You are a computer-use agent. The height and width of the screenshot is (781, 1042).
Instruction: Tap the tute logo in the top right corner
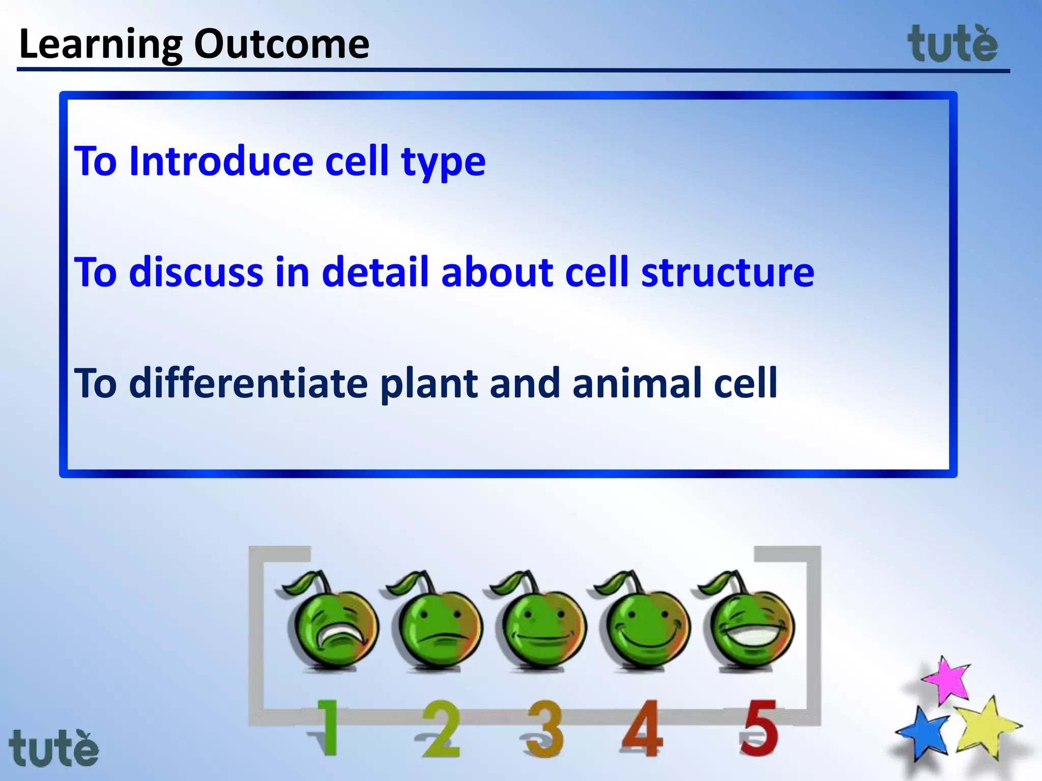tap(952, 45)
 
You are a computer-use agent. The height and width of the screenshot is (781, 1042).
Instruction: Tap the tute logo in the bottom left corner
tap(53, 748)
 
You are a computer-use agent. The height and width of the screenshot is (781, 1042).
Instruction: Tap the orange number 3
tap(544, 729)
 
